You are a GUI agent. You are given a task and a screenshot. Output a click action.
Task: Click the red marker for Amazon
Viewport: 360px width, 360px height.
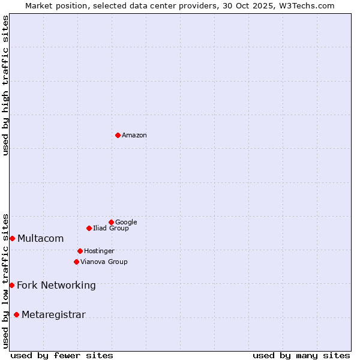118,135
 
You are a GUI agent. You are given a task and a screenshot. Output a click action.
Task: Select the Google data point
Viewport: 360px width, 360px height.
111,222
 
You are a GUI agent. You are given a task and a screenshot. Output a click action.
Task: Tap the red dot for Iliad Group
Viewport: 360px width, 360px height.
89,228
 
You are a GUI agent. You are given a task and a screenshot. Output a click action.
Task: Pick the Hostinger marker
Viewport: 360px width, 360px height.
80,251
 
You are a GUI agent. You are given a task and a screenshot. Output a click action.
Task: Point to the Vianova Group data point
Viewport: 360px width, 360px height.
76,262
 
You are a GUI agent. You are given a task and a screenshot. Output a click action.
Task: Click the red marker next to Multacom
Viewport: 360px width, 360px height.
12,238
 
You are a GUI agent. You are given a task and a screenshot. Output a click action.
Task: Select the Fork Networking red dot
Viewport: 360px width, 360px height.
11,285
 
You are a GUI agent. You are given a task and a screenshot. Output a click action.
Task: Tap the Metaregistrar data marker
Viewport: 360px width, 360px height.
16,315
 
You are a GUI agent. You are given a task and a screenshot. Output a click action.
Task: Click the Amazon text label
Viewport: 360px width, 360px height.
134,136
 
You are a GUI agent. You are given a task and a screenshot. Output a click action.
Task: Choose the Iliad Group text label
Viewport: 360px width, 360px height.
111,229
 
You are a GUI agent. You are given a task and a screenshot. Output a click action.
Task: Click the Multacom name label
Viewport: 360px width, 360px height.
40,239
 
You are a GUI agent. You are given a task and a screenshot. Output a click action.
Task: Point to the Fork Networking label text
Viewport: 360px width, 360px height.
56,286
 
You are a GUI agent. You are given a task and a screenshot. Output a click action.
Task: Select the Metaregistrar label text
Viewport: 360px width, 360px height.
53,315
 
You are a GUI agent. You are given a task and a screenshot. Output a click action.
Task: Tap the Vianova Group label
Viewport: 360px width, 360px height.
104,262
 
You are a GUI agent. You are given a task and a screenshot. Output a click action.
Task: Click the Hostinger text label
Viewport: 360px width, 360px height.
99,251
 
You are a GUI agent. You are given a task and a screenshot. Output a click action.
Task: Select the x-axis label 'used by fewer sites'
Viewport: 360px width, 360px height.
62,355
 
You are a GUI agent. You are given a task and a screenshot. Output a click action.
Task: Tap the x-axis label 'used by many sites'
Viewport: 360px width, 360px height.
301,355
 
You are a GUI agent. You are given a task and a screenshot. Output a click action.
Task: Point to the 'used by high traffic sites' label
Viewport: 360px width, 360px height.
5,85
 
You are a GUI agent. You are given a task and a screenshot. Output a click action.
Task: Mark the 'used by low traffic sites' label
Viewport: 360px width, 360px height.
5,280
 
